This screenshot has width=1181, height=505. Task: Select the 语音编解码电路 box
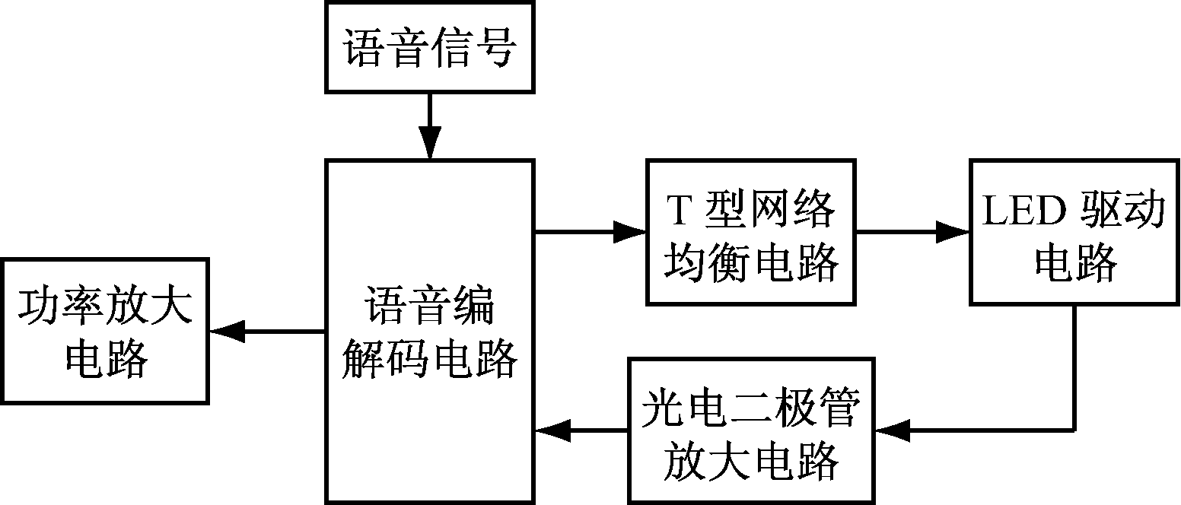point(430,331)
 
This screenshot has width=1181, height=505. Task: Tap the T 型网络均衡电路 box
point(750,232)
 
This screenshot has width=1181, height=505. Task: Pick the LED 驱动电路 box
point(1074,232)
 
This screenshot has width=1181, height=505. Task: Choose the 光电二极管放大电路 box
point(750,431)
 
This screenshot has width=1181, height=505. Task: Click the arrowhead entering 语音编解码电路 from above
point(430,147)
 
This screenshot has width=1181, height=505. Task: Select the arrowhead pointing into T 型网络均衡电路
point(632,231)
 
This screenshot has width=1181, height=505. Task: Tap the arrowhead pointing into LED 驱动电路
point(954,231)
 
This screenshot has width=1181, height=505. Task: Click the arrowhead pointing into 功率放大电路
point(225,331)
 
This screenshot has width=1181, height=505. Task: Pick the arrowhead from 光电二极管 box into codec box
point(549,431)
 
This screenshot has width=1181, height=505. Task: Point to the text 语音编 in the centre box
point(430,306)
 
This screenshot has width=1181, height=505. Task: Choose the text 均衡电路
point(750,263)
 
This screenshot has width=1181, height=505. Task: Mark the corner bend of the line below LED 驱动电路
point(1074,430)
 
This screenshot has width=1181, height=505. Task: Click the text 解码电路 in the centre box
point(430,357)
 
